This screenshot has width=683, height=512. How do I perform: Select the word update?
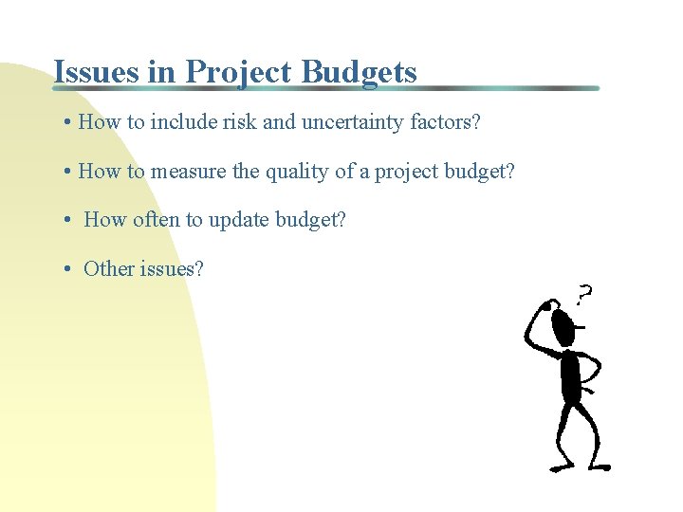[239, 220]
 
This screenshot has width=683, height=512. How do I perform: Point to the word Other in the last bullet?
[109, 268]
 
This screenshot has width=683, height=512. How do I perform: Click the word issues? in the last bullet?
[172, 268]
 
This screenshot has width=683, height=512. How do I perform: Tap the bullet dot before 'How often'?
[69, 220]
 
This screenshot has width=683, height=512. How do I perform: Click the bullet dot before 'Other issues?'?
[69, 269]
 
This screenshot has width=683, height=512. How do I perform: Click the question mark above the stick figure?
[585, 295]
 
